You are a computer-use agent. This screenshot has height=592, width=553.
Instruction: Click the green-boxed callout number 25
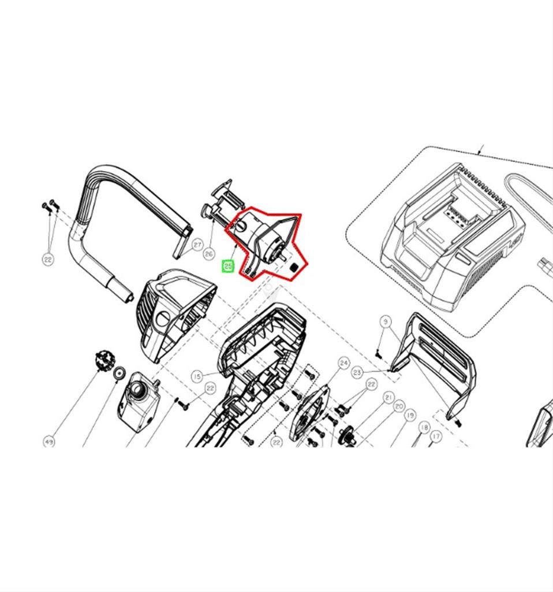tap(228, 267)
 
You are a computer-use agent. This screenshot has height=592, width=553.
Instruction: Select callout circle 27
tap(197, 245)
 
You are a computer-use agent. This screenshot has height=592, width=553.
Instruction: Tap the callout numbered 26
tap(209, 253)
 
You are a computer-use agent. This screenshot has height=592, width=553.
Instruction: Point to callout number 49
tap(49, 442)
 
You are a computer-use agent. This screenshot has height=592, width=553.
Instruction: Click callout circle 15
tap(197, 377)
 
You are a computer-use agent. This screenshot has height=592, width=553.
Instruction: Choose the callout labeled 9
tap(386, 321)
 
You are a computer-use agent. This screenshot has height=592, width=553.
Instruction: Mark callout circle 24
tap(343, 363)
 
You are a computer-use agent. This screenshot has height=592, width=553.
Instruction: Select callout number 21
tap(388, 398)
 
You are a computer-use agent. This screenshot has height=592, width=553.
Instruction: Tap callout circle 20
tap(399, 406)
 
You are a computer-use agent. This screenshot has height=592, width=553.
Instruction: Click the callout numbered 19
tap(410, 415)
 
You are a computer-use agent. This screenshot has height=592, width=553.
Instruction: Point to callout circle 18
tap(424, 428)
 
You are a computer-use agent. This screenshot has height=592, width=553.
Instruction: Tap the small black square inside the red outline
tap(293, 268)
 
